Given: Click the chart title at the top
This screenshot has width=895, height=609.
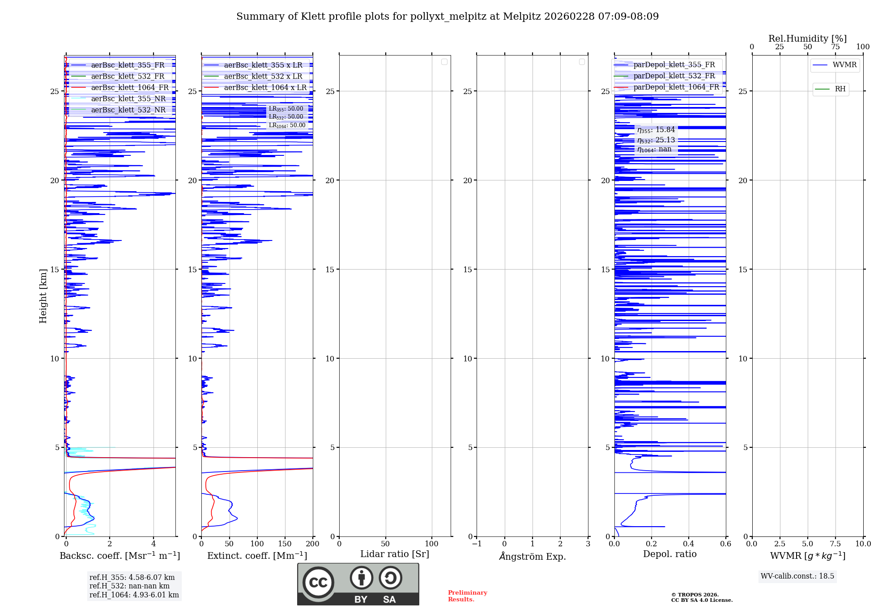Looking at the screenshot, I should [447, 17].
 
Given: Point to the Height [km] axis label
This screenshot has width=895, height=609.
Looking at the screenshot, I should [43, 296].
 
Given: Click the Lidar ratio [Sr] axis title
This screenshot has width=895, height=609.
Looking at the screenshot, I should [395, 554].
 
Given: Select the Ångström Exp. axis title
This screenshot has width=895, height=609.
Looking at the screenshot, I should [533, 556].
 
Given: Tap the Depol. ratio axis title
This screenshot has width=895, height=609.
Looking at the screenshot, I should [670, 554].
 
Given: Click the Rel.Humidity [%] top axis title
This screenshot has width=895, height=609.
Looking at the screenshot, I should [807, 39].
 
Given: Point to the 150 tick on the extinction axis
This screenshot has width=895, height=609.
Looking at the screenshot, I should [285, 544].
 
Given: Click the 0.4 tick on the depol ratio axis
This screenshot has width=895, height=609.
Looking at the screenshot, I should [689, 544].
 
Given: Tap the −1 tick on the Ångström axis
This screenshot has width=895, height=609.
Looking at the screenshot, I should [477, 544].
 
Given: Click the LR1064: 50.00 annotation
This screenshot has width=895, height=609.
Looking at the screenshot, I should [287, 125].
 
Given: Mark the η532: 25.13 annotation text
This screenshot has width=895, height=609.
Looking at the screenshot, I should [656, 140].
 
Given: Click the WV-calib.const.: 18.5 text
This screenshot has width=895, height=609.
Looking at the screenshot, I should [797, 576].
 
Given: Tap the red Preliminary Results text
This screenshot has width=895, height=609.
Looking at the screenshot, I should [467, 596].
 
